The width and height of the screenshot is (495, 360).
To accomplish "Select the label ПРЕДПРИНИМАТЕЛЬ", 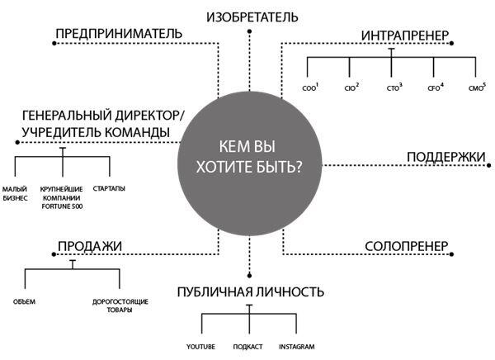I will [118, 34].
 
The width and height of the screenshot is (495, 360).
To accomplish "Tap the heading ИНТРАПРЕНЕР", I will [404, 36].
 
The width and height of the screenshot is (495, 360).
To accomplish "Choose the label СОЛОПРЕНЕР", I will [406, 246].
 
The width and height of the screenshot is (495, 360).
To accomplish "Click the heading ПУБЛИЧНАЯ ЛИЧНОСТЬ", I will [249, 292].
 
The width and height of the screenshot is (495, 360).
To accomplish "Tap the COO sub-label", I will [310, 87].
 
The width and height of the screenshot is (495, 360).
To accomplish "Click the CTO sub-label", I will [394, 87].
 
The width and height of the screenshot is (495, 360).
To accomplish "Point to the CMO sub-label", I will [476, 87].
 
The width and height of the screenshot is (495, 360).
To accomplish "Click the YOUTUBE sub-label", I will [201, 346].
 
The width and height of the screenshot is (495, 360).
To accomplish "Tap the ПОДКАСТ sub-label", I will [248, 346].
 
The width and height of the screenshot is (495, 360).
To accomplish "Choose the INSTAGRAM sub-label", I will [296, 346].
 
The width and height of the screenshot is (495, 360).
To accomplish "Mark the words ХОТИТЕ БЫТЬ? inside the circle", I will [248, 165].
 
